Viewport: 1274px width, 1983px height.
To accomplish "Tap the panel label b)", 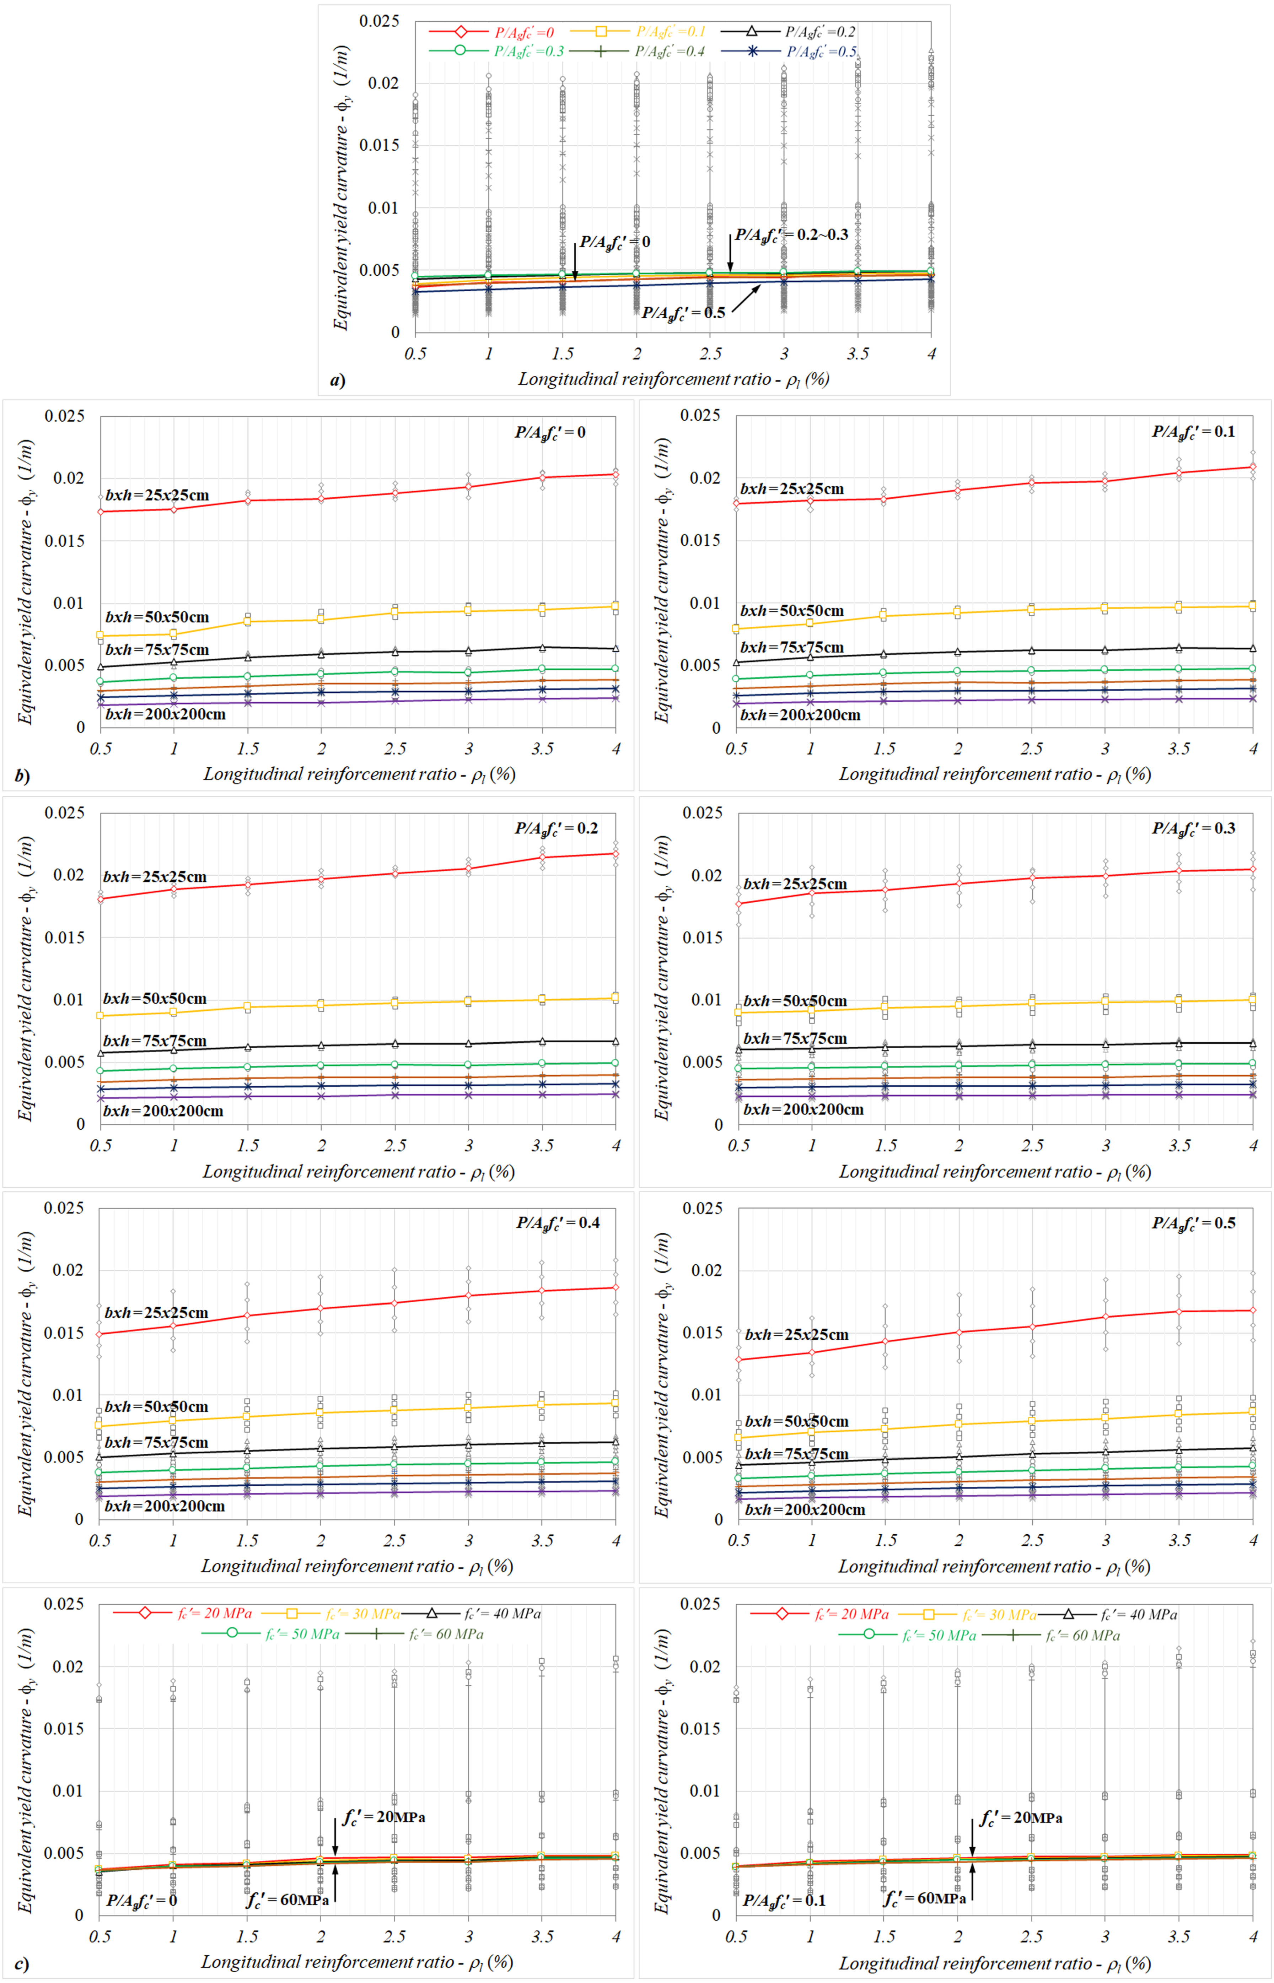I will coord(22,776).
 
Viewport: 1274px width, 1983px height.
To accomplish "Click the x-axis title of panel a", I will coord(673,379).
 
